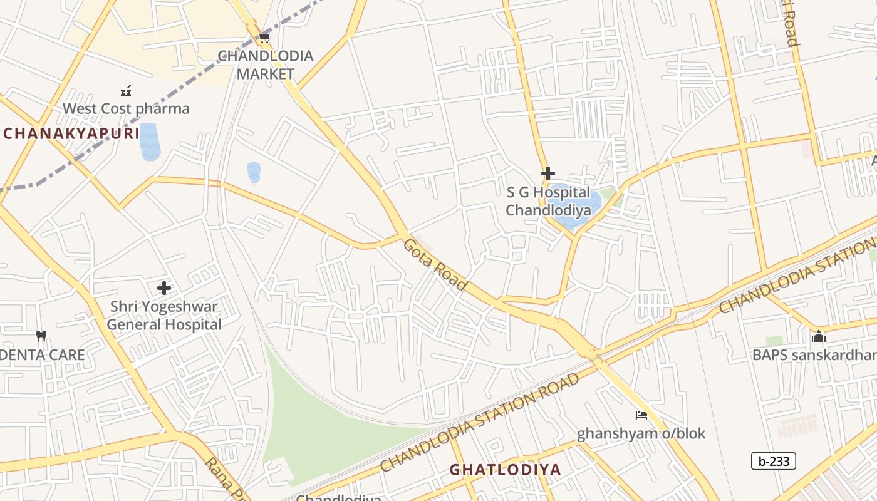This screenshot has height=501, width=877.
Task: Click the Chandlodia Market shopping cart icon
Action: [264, 38]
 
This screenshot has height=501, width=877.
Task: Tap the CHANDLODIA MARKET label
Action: [266, 65]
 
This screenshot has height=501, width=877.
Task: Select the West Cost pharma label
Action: [126, 108]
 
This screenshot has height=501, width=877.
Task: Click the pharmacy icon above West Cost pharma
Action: [126, 91]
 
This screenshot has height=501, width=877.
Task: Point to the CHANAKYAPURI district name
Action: [71, 133]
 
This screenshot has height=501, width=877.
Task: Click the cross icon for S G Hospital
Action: [548, 173]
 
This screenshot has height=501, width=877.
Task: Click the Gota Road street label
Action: [435, 264]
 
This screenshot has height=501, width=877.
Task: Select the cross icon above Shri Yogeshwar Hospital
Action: [164, 288]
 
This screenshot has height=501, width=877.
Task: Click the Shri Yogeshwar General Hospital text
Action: [164, 316]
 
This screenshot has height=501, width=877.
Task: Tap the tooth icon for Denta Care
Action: [41, 336]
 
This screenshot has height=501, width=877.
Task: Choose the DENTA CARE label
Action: [43, 355]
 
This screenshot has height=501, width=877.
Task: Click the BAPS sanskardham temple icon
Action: [818, 337]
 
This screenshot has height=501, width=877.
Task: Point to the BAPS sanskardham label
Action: [814, 355]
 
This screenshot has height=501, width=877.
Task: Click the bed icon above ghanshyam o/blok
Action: [641, 415]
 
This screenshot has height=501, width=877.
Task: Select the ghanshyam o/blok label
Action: [641, 433]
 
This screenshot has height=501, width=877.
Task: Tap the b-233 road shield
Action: [773, 462]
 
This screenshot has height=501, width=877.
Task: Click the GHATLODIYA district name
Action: [505, 469]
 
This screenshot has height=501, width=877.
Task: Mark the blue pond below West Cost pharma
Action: [150, 142]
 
